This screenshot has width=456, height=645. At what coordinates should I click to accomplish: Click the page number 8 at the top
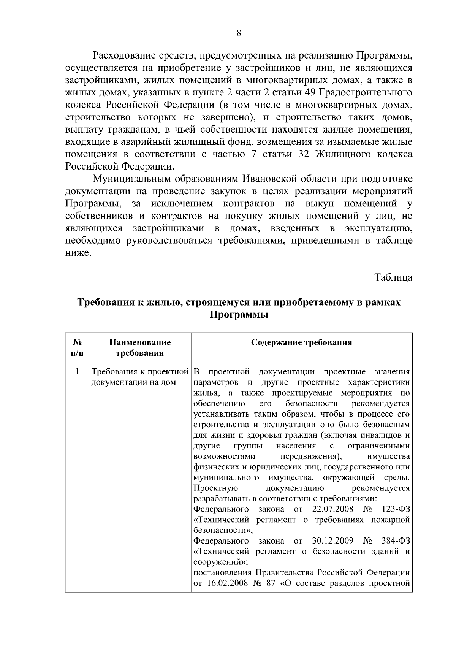click(239, 33)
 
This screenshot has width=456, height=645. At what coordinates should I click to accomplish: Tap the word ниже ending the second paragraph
click(78, 252)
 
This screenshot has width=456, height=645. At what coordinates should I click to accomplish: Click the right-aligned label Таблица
click(393, 277)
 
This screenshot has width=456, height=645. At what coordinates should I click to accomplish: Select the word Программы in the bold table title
click(239, 315)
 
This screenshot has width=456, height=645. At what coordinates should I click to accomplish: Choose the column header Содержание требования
click(302, 342)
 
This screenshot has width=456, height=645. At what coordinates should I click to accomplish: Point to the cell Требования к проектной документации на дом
click(140, 377)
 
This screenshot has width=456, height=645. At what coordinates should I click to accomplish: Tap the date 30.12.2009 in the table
click(332, 540)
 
